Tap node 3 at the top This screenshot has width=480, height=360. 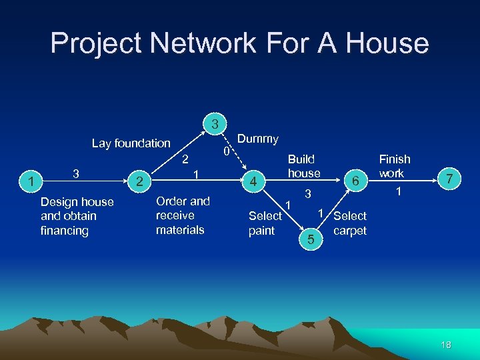coord(215,124)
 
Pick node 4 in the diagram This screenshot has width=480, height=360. coord(253,181)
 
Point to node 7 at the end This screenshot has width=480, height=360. coord(450,179)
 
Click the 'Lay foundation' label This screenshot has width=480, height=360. coord(131,143)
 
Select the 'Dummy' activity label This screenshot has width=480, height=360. coord(258,139)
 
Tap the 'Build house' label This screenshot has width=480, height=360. coord(303,166)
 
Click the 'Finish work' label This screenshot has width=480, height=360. coord(394,166)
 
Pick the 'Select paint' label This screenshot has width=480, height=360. coord(265,223)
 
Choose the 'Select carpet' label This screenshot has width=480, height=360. coord(350,223)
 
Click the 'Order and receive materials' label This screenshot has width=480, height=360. coord(183,215)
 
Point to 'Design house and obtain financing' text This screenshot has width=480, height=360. coord(77,216)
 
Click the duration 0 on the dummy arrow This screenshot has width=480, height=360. coord(226,153)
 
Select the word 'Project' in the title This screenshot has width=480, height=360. coord(96,43)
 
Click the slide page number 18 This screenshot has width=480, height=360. coord(446,345)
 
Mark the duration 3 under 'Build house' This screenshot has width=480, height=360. coord(308,195)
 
